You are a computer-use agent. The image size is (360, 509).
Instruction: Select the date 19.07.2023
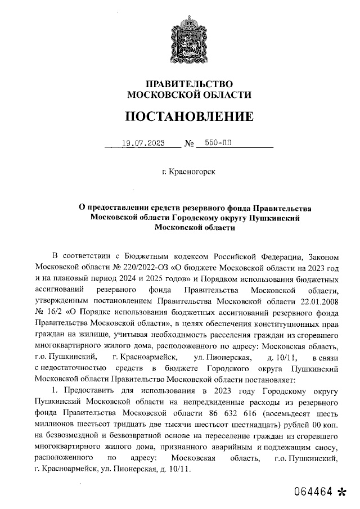click(143, 143)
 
